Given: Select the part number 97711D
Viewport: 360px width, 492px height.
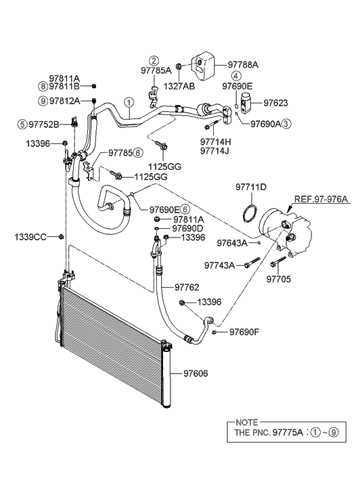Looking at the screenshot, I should click(x=250, y=187).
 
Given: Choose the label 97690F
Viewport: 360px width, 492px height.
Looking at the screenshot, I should click(x=244, y=332).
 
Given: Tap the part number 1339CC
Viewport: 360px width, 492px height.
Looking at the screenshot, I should click(x=30, y=236).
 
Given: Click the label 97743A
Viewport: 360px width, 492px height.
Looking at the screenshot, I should click(x=220, y=266).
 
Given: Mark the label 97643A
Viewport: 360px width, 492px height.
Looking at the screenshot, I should click(x=231, y=242).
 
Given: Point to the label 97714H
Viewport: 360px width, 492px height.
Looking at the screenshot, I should click(x=215, y=141).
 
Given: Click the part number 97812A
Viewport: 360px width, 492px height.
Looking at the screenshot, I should click(x=65, y=101).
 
